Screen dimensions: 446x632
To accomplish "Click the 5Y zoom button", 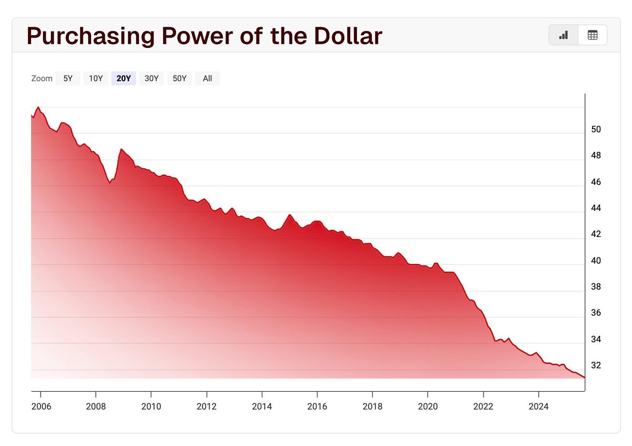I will click(x=68, y=78).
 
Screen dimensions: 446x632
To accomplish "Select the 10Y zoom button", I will click(x=96, y=78).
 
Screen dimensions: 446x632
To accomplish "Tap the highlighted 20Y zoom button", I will click(x=124, y=78).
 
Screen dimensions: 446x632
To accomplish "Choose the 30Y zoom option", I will click(x=152, y=78).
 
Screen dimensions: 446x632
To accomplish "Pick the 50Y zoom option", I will click(x=180, y=78).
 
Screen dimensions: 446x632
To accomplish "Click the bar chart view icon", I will click(x=564, y=35).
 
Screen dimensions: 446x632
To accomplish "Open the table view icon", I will click(x=592, y=35).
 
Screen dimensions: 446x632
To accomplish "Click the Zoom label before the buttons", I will click(x=42, y=78).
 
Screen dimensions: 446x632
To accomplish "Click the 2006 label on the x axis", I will click(x=40, y=407).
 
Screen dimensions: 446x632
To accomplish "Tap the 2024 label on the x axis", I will click(x=538, y=407).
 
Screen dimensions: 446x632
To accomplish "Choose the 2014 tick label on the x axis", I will click(x=262, y=407).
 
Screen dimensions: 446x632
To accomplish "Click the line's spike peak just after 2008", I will click(x=121, y=150).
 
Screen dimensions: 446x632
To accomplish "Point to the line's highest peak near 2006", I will click(x=38, y=107).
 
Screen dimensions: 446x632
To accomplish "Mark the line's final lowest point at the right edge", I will click(x=584, y=377).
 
